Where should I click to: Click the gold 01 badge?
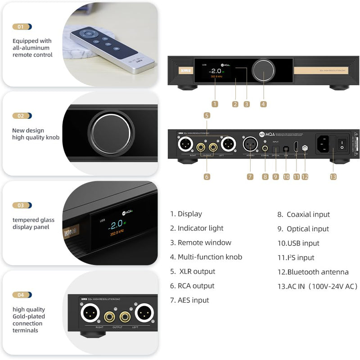coord(21,27)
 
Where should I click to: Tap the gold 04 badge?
coord(21,295)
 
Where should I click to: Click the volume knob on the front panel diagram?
coord(263,71)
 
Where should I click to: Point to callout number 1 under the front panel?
coord(215,104)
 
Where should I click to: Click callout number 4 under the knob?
coord(263,104)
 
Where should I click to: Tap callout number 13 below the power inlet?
coord(333,177)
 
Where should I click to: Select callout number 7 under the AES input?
coord(250,177)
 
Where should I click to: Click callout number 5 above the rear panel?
coord(207,116)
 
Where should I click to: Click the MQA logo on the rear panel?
coord(268,134)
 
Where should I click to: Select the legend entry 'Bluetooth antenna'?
coord(317,272)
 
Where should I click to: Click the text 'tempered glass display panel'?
coord(33,224)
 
